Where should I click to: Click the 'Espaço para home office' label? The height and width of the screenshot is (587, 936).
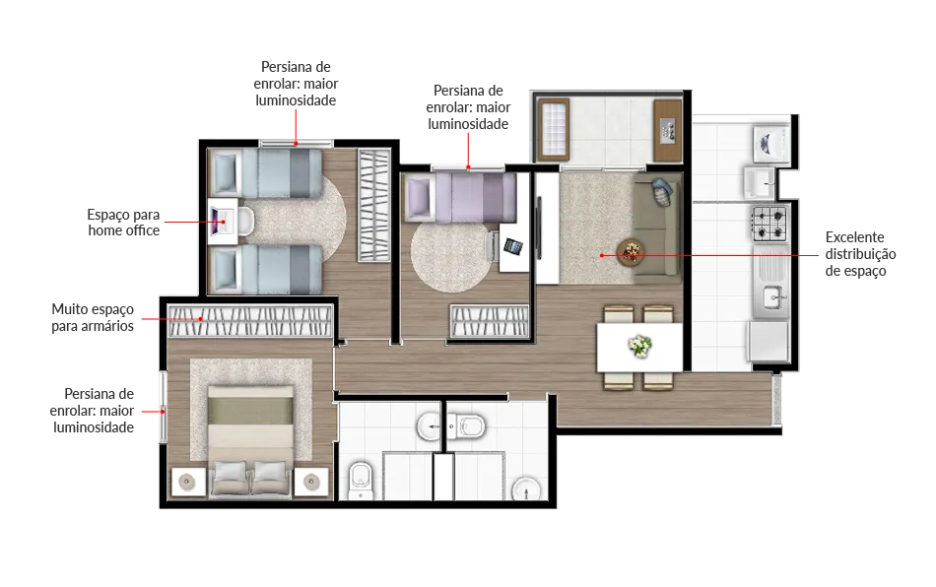123,223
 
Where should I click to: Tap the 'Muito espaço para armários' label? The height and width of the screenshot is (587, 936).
93,317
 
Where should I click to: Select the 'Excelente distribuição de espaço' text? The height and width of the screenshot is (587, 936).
860,254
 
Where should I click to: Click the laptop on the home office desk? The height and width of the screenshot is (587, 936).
218,222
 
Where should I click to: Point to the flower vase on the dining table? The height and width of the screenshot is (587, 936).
639,346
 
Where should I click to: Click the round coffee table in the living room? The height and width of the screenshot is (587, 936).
631,252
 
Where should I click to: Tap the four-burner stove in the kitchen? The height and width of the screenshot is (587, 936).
769,224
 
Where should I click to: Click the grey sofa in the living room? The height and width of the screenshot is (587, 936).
656,228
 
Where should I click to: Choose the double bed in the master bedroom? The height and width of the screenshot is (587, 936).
250,439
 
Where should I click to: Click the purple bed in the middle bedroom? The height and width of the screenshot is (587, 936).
461,197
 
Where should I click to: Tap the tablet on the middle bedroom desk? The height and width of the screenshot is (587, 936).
513,246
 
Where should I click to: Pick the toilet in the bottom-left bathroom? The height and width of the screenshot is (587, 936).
361,481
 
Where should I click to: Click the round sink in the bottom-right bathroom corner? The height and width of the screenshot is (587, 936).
526,489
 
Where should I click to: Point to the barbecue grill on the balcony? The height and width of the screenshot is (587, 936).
667,131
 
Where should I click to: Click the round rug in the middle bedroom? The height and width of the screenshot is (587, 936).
448,256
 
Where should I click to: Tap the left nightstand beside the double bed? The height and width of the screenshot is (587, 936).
188,482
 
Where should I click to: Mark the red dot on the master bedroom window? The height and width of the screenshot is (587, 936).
163,411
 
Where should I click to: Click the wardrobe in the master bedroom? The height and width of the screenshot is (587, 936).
250,321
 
